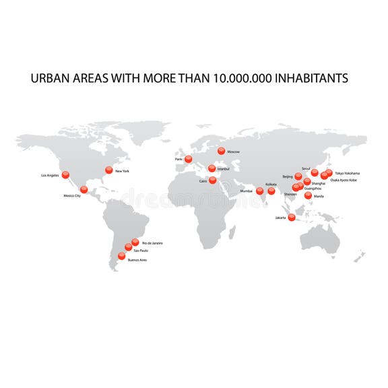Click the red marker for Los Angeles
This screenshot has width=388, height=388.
(x=65, y=175)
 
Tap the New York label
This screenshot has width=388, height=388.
(x=122, y=171)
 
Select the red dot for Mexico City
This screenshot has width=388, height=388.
(x=84, y=189)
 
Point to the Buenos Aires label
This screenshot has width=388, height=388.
(x=137, y=259)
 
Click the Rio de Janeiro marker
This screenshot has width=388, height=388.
(x=135, y=242)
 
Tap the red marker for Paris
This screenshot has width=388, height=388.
(x=189, y=160)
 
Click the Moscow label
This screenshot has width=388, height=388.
(x=234, y=152)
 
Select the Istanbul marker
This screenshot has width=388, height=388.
(x=212, y=168)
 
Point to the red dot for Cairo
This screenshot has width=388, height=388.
(x=213, y=180)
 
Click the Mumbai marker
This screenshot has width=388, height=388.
(x=260, y=191)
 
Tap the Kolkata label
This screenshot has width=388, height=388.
(x=271, y=184)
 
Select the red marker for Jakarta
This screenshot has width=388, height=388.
(x=292, y=217)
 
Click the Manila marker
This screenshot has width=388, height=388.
(x=309, y=195)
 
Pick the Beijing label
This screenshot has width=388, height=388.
(x=288, y=176)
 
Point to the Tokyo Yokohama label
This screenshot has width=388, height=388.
(x=348, y=173)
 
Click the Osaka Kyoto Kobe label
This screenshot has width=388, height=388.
(x=344, y=180)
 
